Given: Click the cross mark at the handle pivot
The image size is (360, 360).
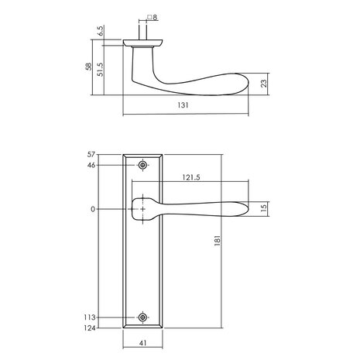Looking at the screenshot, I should tap(143, 208).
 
